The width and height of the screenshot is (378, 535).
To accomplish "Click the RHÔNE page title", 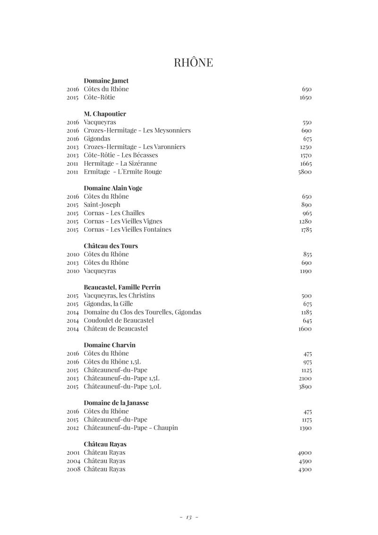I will tap(193, 62).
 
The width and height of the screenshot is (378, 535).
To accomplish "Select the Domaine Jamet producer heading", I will tap(106, 81).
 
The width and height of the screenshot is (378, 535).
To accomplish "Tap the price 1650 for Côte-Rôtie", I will tap(305, 97).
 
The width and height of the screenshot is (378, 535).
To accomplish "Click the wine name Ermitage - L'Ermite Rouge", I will tap(123, 172).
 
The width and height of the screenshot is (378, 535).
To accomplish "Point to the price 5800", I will tap(305, 172).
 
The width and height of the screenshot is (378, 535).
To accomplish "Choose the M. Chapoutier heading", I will tap(105, 114).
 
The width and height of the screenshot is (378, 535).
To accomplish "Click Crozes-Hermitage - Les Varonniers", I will tap(135, 147).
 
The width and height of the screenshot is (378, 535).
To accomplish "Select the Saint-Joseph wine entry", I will tap(102, 205).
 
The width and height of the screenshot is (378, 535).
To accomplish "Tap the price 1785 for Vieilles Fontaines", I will tap(306, 230).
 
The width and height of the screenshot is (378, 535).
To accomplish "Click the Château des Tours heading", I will tap(111, 246).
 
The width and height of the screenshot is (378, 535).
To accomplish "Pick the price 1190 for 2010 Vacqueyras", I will tap(306, 271).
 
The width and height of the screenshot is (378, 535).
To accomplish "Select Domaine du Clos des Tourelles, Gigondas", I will tap(142, 312).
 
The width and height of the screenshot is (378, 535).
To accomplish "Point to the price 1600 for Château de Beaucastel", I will tap(305, 329).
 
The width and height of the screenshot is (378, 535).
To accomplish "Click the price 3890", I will tap(305, 386).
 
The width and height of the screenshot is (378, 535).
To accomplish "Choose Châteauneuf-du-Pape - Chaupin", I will tap(131, 428).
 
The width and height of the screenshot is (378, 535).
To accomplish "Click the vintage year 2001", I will tap(73, 453).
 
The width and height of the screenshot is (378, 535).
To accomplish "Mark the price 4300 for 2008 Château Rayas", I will tap(305, 469).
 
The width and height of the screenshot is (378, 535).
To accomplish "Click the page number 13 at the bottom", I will tap(189, 517).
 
